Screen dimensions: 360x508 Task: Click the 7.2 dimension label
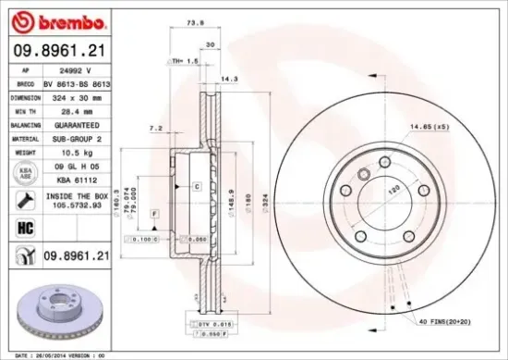(156, 127)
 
